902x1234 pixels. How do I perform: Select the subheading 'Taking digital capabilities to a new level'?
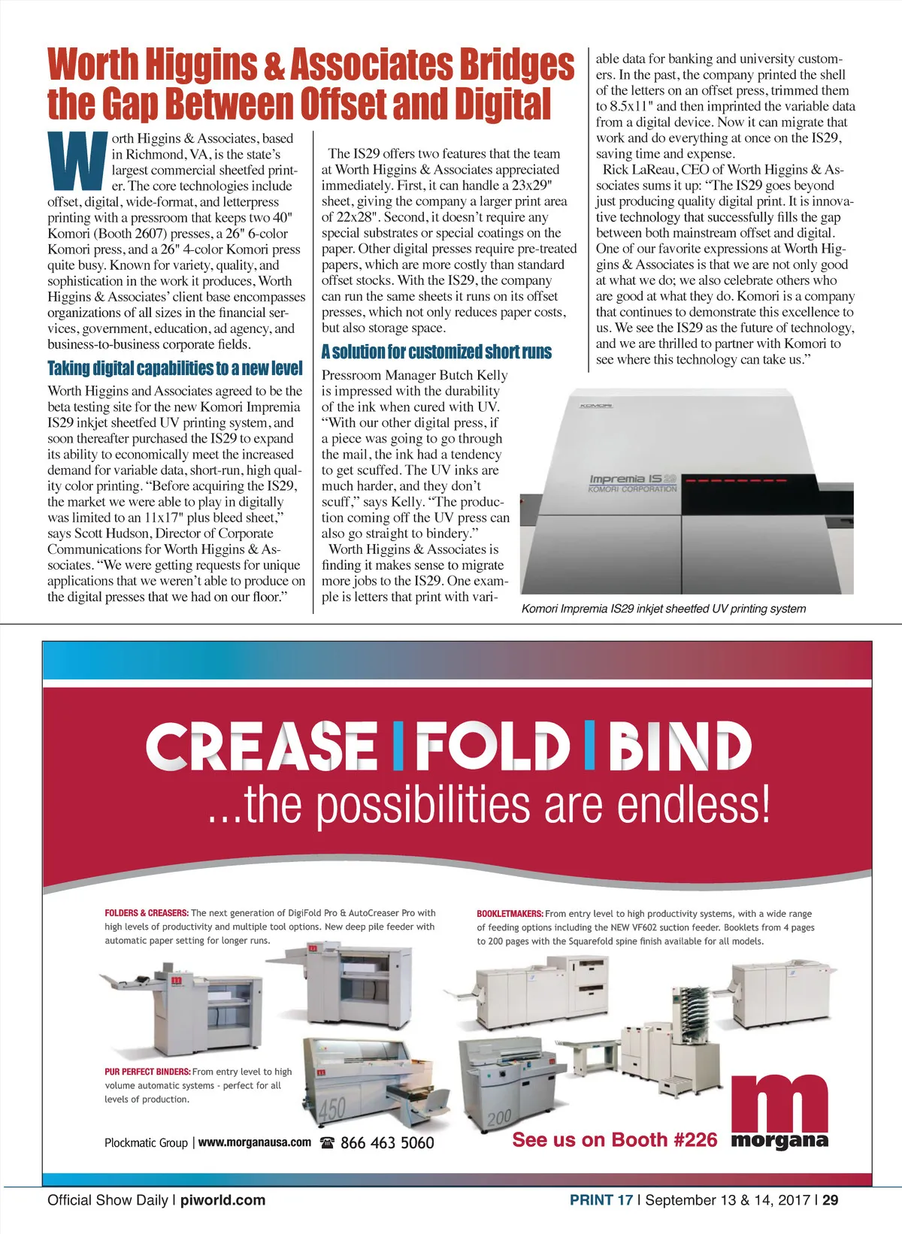[x=175, y=368]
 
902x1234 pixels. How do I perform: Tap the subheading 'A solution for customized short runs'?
[x=436, y=352]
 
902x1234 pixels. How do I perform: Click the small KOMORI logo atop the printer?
[x=595, y=407]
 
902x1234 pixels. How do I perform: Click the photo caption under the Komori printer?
[x=663, y=609]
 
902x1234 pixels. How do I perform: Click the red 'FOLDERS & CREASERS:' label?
[x=146, y=913]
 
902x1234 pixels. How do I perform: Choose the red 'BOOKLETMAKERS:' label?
[x=510, y=914]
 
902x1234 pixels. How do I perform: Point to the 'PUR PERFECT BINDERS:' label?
[x=147, y=1072]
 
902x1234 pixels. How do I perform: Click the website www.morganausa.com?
[x=255, y=1142]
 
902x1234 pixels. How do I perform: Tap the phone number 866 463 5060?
[x=387, y=1143]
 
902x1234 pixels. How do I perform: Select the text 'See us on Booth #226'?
[x=615, y=1140]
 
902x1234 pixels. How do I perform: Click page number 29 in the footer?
[x=830, y=1200]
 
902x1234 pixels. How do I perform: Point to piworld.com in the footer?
[x=222, y=1200]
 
